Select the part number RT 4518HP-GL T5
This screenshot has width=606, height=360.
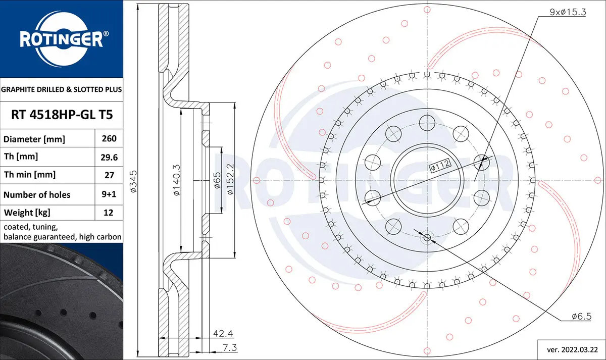tap(62, 115)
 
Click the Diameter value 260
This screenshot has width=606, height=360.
tap(109, 138)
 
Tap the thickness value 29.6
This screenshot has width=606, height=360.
tap(109, 157)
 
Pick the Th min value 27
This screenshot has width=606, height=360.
tap(109, 175)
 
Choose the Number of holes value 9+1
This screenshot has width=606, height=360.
tap(109, 194)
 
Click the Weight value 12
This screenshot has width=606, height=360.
tap(109, 213)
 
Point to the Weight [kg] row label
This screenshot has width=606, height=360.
tap(27, 213)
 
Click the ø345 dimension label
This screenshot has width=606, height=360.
tap(133, 181)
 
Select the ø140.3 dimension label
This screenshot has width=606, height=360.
tap(176, 180)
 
